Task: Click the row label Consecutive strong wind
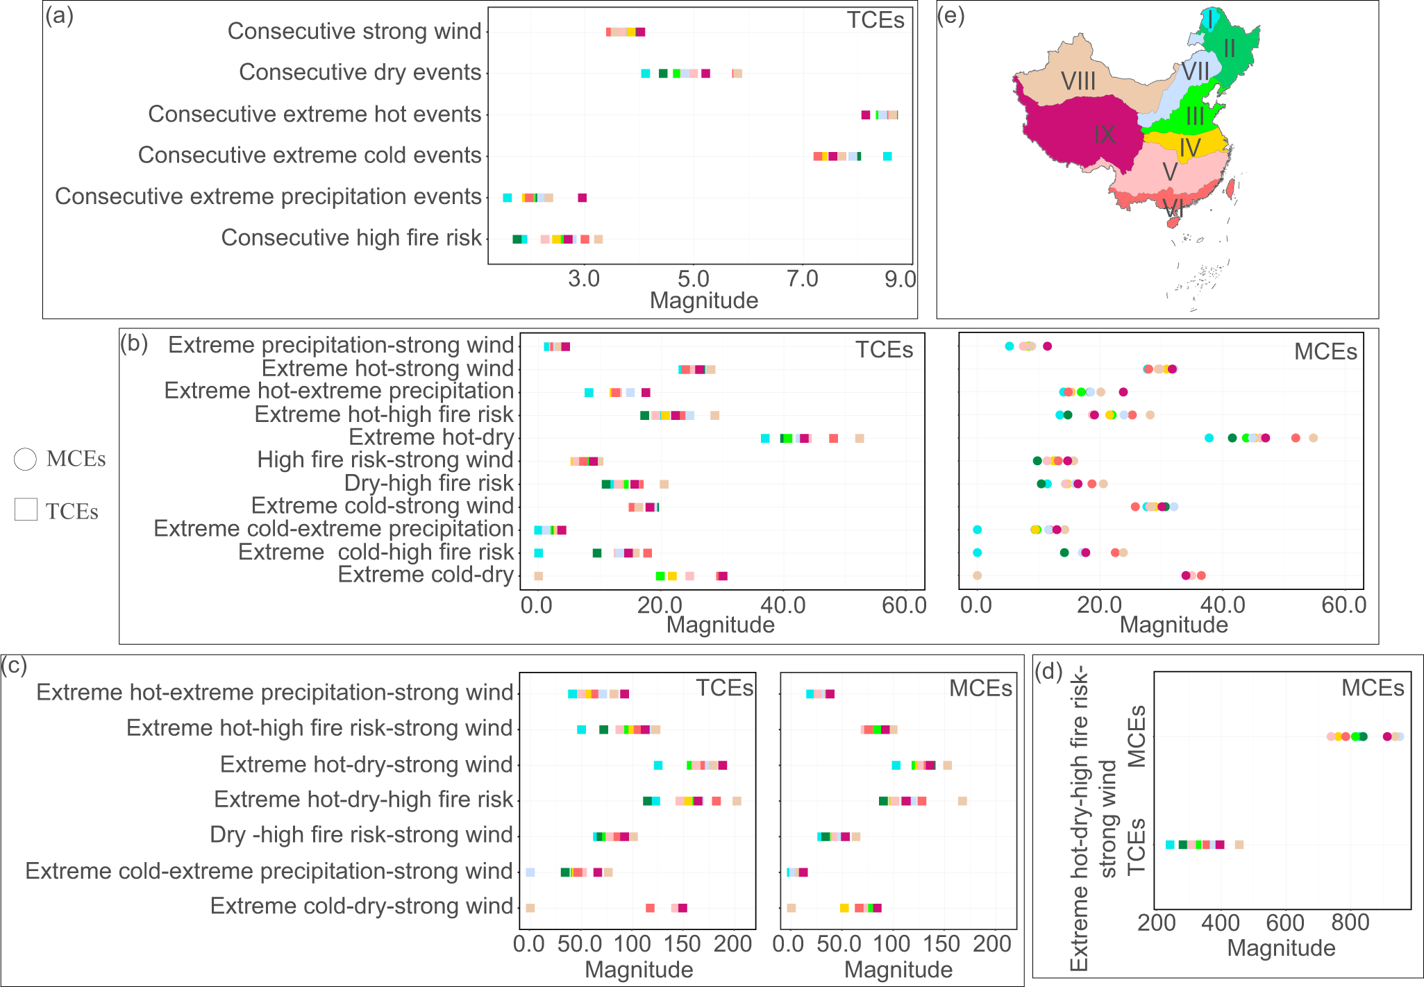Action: coord(354,31)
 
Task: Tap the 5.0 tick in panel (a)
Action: coord(693,279)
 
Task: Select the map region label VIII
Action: coord(1078,82)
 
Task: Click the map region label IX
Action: coord(1104,135)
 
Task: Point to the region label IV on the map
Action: coord(1189,148)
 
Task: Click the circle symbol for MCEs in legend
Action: coord(25,459)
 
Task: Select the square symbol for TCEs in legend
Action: coord(26,509)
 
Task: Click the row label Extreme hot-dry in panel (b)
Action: coord(430,437)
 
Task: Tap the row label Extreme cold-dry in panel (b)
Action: coord(425,575)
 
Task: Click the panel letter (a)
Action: coord(59,15)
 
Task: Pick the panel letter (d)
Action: coord(1049,671)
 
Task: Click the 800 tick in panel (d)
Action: coord(1350,922)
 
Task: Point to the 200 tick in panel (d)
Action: coord(1157,922)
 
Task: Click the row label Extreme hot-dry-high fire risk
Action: coord(362,800)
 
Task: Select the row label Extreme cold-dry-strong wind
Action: coord(361,906)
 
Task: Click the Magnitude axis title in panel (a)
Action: coord(703,301)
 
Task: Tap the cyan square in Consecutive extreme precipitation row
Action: coord(508,198)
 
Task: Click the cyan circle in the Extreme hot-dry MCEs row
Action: coord(1209,438)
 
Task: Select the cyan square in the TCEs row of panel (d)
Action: coord(1170,845)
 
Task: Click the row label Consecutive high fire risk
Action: coord(351,237)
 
